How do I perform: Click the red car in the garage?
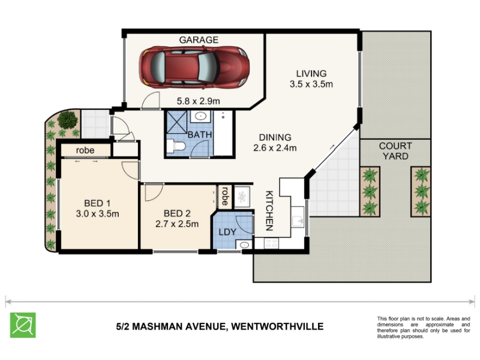click(x=194, y=67)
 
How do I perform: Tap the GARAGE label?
click(x=199, y=40)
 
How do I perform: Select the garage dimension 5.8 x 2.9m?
click(x=199, y=101)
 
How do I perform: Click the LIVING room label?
click(x=311, y=73)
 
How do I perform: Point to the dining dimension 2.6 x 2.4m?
click(x=275, y=148)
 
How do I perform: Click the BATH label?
click(x=200, y=134)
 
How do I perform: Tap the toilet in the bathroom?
click(x=176, y=146)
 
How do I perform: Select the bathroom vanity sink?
click(x=200, y=116)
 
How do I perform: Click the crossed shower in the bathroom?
click(x=176, y=122)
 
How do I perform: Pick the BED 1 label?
click(x=97, y=203)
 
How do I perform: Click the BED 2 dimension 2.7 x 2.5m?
click(x=177, y=224)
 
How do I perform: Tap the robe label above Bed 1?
click(x=85, y=151)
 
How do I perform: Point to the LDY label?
click(x=227, y=232)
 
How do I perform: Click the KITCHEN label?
click(x=269, y=211)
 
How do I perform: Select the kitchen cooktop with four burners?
click(x=271, y=244)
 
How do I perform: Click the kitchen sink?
click(x=298, y=217)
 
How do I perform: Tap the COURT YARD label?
click(x=395, y=151)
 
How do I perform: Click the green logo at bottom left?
click(x=23, y=325)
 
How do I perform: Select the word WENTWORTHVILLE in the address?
click(x=277, y=326)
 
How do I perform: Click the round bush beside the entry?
click(x=67, y=119)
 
